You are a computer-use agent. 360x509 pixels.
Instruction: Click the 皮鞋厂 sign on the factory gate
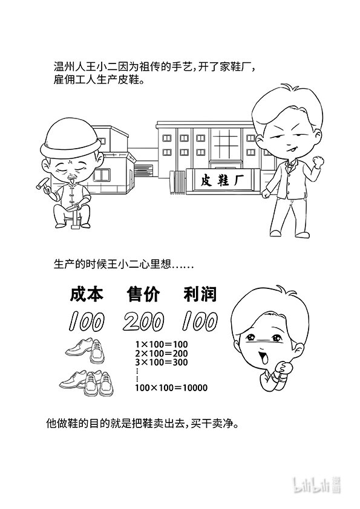tap(218, 180)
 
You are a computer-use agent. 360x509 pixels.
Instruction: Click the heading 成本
tap(87, 294)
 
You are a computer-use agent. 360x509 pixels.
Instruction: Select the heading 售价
tap(143, 294)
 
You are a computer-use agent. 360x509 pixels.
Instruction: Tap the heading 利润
tap(200, 294)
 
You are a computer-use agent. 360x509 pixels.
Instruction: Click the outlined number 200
tap(143, 322)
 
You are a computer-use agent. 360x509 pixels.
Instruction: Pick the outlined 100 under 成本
tap(87, 322)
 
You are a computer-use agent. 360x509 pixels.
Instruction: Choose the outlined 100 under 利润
tap(200, 322)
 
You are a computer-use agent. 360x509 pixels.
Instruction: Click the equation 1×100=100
tap(162, 345)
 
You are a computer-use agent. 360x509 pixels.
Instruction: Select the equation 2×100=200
tap(162, 354)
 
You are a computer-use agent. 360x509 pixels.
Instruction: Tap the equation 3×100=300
tap(162, 362)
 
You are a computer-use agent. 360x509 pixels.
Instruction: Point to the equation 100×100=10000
tap(171, 387)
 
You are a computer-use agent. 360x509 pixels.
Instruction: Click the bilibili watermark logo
tap(317, 485)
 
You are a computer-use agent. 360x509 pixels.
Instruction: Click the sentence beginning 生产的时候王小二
tap(123, 264)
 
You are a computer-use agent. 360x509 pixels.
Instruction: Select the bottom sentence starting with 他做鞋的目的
tap(143, 424)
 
